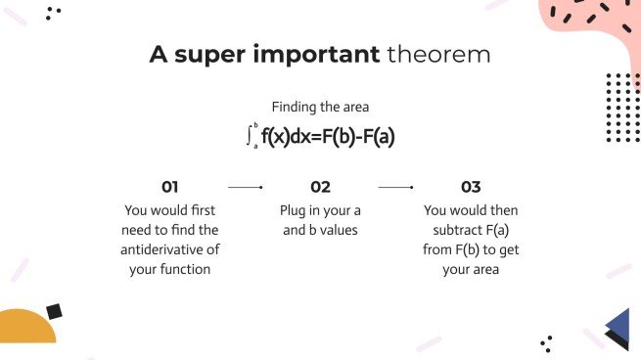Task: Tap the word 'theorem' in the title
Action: (x=438, y=54)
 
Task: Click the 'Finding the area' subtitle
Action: (x=320, y=108)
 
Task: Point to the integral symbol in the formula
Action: (x=250, y=136)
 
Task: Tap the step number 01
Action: (x=169, y=187)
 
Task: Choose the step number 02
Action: (x=320, y=187)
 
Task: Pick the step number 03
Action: (x=471, y=187)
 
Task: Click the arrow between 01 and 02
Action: (x=245, y=187)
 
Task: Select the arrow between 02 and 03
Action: (x=395, y=187)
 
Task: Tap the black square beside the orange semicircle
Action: (x=55, y=312)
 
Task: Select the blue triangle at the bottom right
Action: (x=618, y=325)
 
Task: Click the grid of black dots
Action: (x=621, y=107)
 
